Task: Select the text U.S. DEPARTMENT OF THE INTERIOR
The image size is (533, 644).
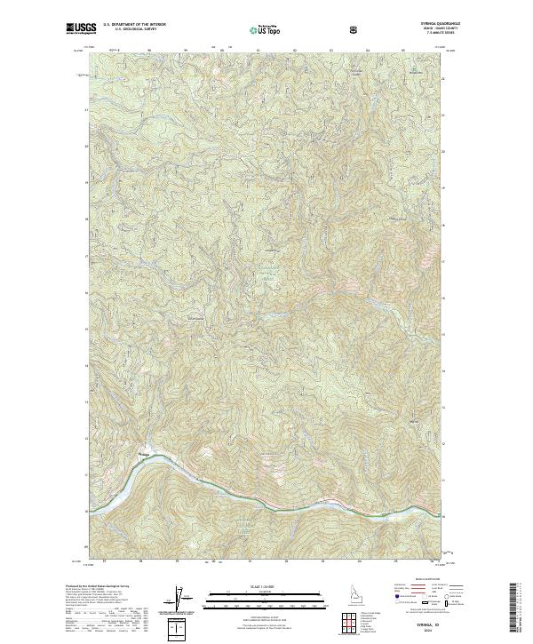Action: (x=134, y=26)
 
